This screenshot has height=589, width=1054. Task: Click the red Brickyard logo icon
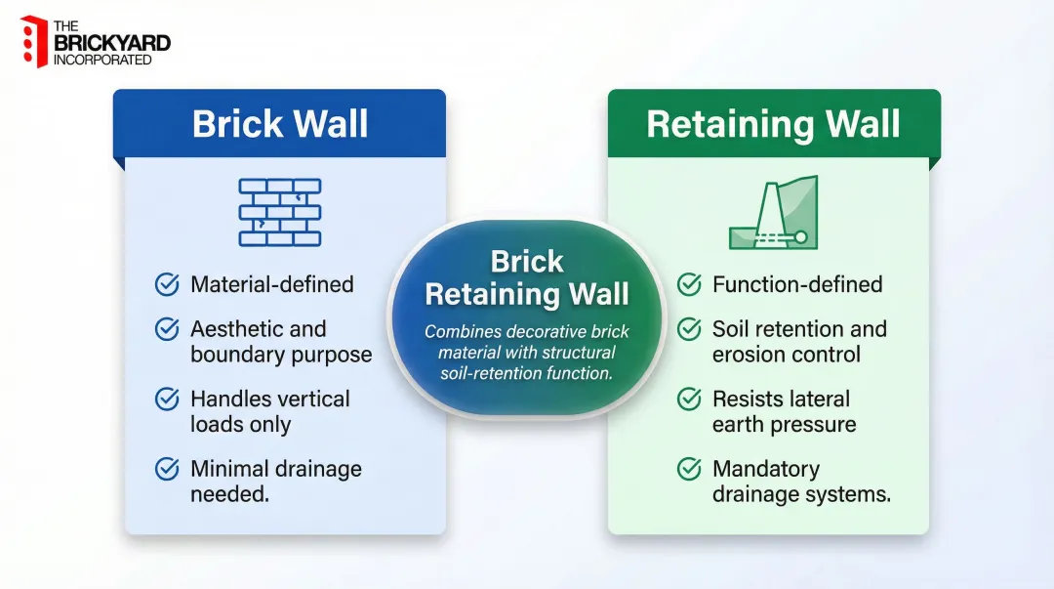point(34,42)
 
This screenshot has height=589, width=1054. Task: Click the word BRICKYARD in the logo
point(111,43)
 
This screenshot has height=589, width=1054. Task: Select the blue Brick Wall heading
point(280,124)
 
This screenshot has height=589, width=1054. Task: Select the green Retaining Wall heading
point(773,124)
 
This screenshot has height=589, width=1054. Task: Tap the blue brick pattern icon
point(280,212)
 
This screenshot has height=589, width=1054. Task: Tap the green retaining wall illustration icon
point(773,212)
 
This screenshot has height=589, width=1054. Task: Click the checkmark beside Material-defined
point(167,284)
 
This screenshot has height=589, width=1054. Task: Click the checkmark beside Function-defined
point(689,284)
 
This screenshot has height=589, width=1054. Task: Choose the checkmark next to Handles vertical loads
point(167,399)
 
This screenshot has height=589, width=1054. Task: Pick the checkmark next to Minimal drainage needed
point(167,469)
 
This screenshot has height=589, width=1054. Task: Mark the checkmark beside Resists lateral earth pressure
point(689,399)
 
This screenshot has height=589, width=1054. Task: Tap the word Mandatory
point(766,469)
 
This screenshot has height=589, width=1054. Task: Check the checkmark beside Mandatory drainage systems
point(689,469)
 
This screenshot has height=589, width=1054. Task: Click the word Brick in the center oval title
point(527,262)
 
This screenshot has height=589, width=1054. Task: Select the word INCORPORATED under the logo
point(102,60)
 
